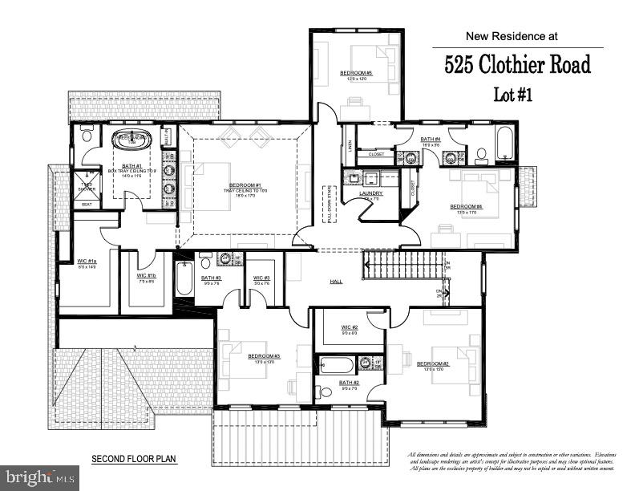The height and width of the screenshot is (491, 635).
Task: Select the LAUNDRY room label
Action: (371, 193)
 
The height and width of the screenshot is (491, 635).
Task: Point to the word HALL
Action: (337, 282)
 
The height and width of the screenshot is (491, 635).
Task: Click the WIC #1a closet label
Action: (87, 262)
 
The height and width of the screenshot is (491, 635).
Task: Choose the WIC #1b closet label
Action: (146, 275)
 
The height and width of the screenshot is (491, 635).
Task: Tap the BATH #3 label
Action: (211, 278)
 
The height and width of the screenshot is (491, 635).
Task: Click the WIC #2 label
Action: (350, 327)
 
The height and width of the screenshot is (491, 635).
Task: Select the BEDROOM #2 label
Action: (433, 363)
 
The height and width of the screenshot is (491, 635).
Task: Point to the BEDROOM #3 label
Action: (263, 356)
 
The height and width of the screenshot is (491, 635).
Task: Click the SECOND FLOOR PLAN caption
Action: (134, 460)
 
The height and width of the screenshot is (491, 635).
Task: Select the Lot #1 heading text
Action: (512, 94)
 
